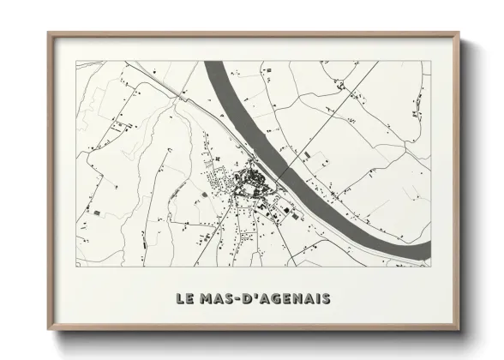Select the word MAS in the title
[x=218, y=298]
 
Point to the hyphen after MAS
[x=242, y=299]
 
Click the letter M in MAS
[x=206, y=298]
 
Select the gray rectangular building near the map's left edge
[x=95, y=211]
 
